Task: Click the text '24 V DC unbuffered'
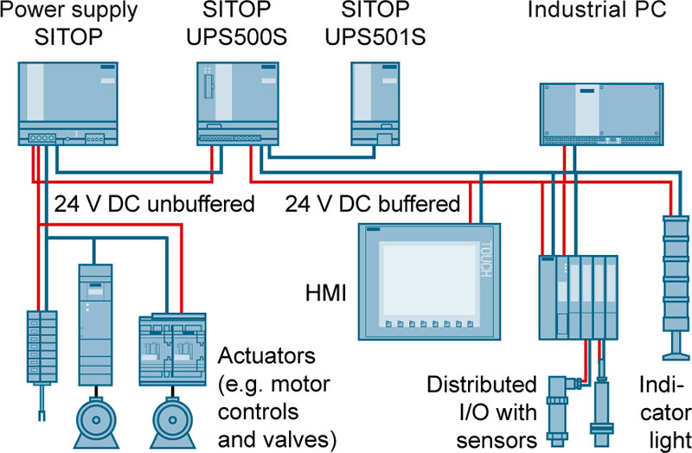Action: (x=155, y=205)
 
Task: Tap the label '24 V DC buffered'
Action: (x=372, y=205)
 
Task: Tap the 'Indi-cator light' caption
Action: (x=666, y=407)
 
